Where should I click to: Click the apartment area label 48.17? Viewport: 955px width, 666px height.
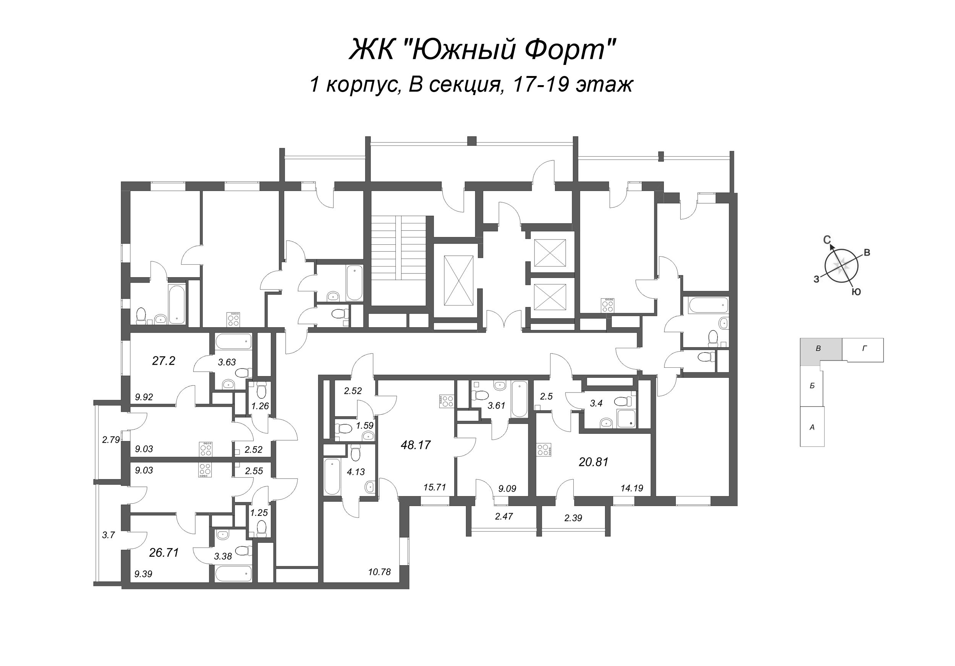tap(416, 445)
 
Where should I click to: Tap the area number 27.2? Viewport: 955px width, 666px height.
tap(163, 361)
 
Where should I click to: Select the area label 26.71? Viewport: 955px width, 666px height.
tap(164, 553)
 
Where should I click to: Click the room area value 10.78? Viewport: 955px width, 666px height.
tap(379, 572)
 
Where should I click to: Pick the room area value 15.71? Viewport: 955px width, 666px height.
tap(435, 488)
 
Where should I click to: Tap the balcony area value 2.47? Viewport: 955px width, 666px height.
tap(504, 516)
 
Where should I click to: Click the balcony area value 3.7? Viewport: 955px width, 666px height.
tap(108, 535)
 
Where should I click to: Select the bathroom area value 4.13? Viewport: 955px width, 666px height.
tap(356, 472)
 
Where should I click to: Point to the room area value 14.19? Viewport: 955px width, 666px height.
tap(632, 488)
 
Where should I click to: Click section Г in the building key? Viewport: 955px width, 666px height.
tap(864, 349)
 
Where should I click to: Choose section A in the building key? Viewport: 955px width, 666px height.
tap(812, 427)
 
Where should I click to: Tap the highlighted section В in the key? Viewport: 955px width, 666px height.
tap(818, 349)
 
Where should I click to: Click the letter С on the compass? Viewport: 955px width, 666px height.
tap(827, 239)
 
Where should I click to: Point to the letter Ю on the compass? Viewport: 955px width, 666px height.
tap(856, 292)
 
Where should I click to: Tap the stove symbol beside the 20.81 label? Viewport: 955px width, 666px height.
tap(544, 450)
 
